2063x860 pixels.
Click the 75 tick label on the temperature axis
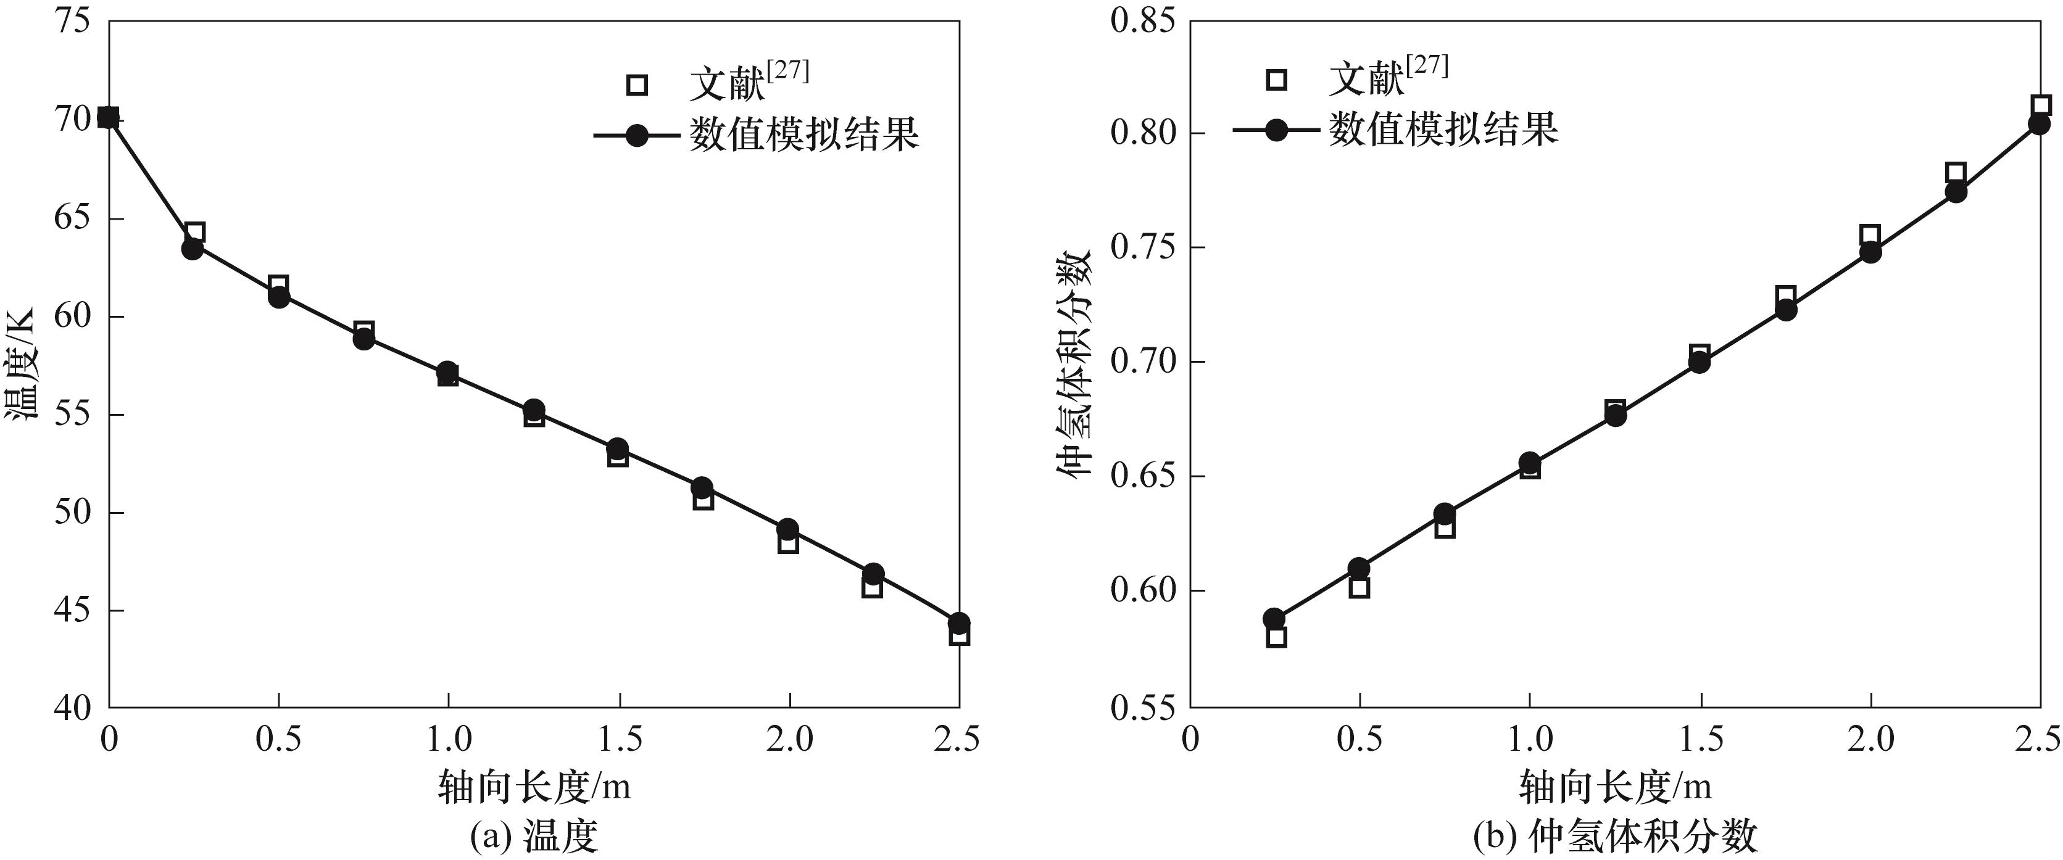tap(73, 21)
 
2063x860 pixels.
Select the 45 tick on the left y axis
tap(73, 611)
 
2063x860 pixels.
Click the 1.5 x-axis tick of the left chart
tap(619, 738)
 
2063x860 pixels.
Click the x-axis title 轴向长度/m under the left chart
tap(534, 787)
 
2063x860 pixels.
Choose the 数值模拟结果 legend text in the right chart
tap(1443, 129)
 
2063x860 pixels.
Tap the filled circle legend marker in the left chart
tap(637, 134)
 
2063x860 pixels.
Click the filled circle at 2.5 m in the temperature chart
tap(958, 622)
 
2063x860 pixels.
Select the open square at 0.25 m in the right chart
tap(1277, 637)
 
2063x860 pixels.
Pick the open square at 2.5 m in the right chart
tap(2041, 105)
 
